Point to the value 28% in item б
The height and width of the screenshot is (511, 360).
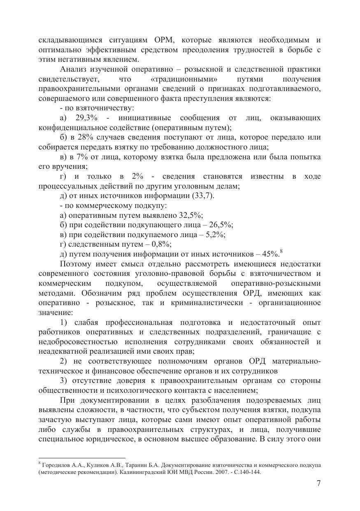point(85,138)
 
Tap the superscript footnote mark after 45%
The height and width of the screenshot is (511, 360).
point(281,252)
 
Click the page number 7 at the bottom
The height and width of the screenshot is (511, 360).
point(318,484)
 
